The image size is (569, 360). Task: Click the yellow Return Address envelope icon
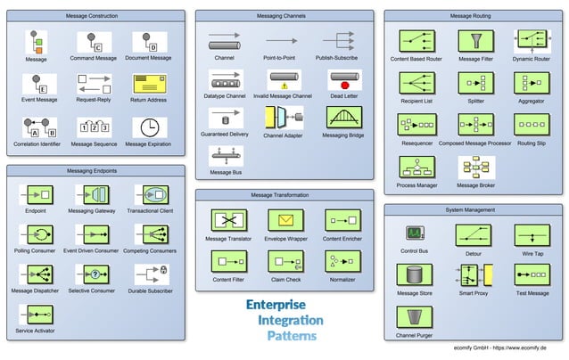click(x=149, y=84)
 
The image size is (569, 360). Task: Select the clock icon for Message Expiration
click(x=149, y=127)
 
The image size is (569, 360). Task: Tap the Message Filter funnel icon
click(x=475, y=41)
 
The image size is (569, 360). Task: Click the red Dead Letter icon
click(x=343, y=80)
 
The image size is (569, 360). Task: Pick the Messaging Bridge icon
click(x=343, y=118)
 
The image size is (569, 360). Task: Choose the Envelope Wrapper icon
click(x=286, y=220)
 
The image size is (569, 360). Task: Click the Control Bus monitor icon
click(x=415, y=233)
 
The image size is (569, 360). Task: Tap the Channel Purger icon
click(x=415, y=317)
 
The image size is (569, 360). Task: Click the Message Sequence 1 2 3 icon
click(x=94, y=127)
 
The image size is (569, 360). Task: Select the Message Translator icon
click(x=228, y=220)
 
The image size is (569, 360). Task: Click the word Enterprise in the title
click(x=276, y=305)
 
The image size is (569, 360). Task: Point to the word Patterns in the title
click(x=292, y=336)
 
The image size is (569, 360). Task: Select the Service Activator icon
click(x=36, y=315)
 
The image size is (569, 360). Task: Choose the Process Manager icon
click(x=416, y=168)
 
